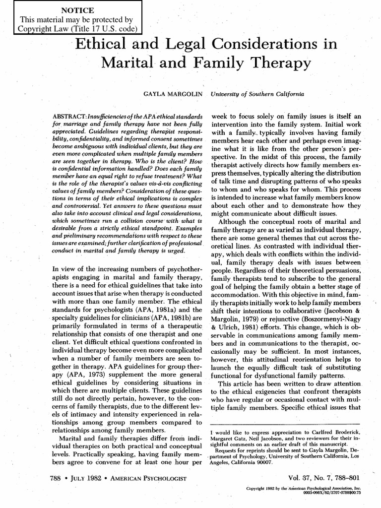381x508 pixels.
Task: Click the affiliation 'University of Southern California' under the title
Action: [x=257, y=93]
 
